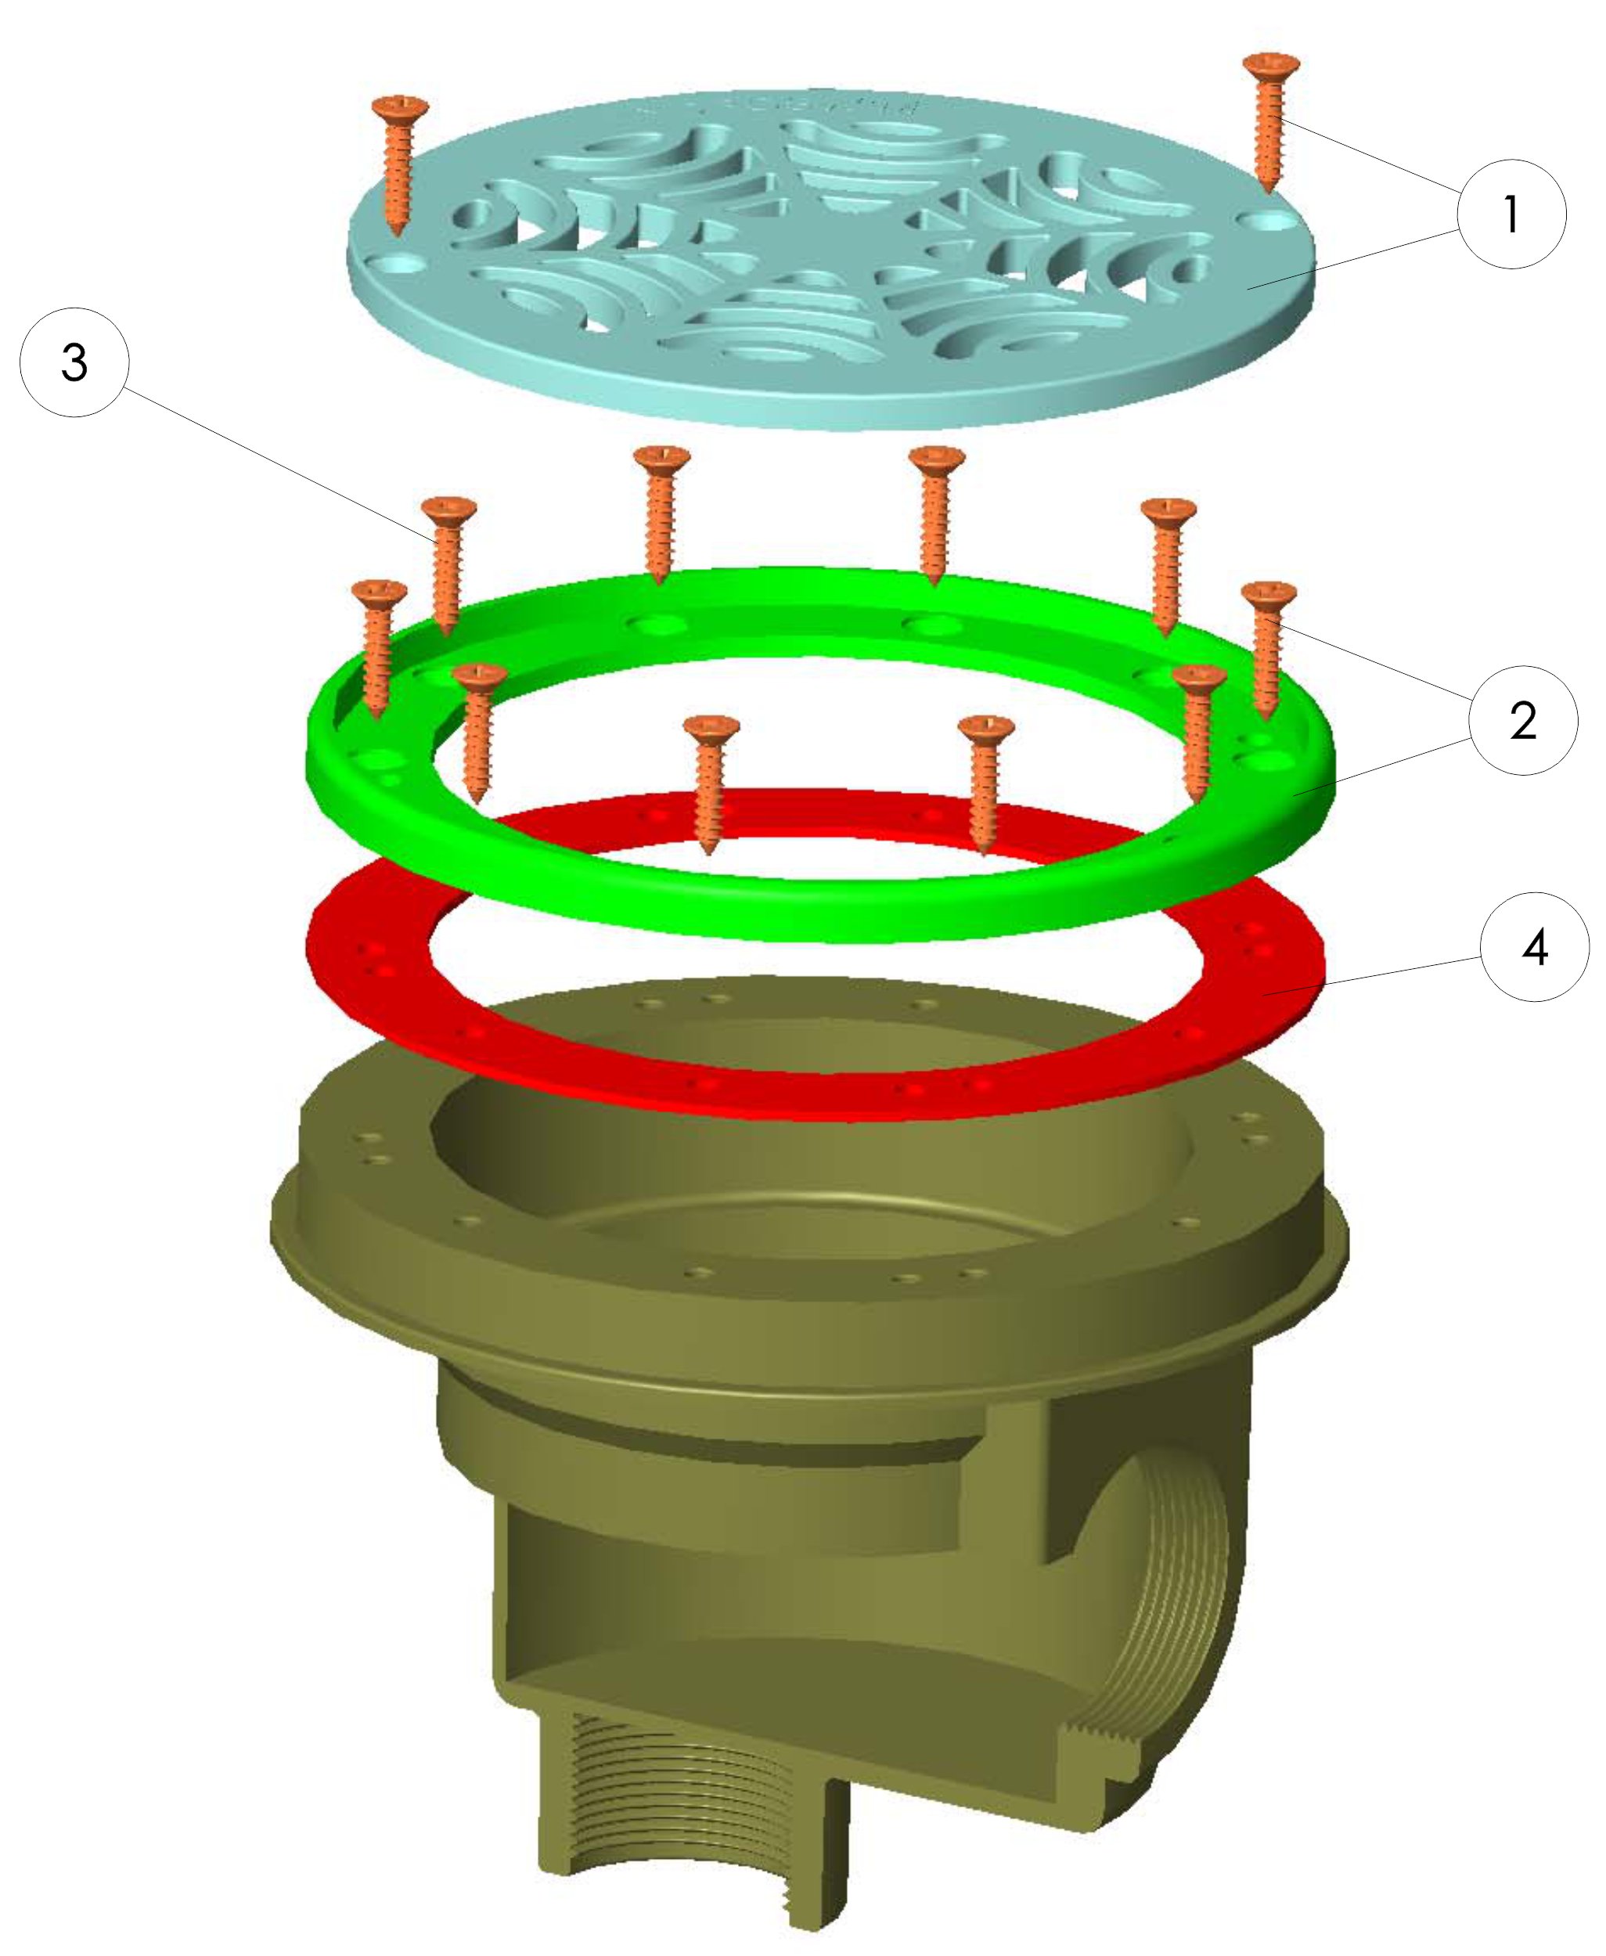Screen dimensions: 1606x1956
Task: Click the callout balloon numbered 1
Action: tap(1511, 214)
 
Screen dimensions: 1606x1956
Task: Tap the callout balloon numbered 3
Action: tap(74, 362)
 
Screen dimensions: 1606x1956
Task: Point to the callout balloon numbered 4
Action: tap(1535, 946)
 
